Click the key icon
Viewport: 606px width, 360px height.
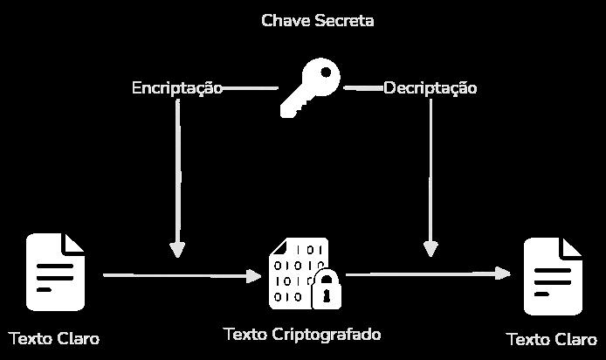[309, 88]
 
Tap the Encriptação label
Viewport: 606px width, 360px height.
[177, 88]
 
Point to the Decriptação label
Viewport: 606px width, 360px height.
[430, 88]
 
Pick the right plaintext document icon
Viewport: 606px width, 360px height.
[553, 276]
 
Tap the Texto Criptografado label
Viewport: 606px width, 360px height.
[302, 335]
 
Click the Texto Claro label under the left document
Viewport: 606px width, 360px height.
[54, 339]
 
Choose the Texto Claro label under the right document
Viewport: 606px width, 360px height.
[551, 340]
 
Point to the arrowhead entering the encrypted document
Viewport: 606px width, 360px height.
[253, 276]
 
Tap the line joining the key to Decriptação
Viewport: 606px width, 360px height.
[362, 88]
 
